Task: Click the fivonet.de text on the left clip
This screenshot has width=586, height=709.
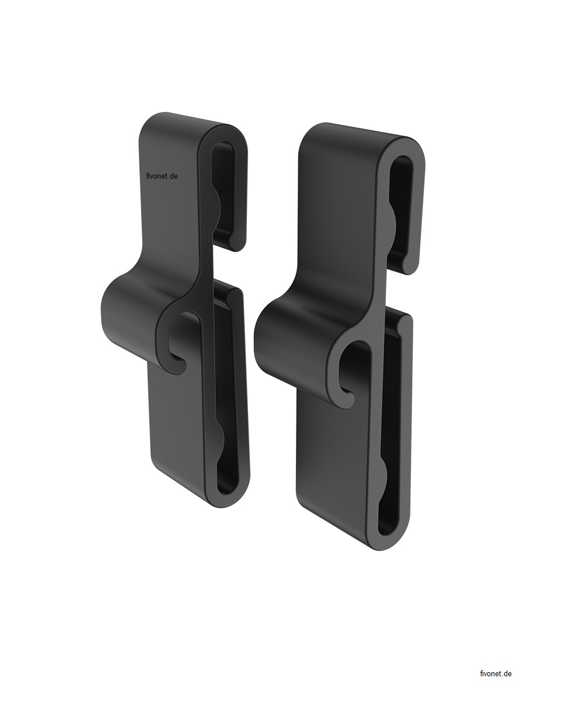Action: point(162,176)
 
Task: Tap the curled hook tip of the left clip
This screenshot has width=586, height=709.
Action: point(179,366)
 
